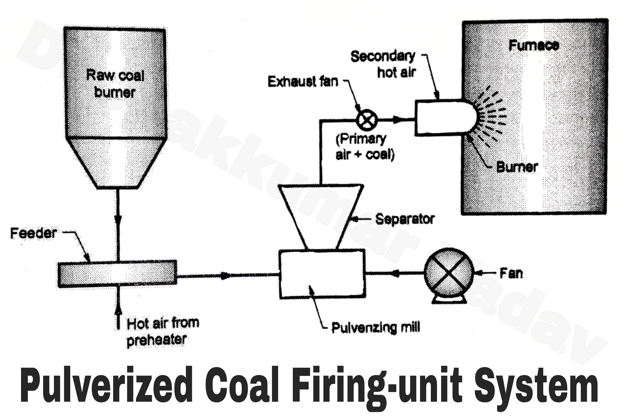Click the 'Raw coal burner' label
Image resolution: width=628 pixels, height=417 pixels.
click(x=115, y=84)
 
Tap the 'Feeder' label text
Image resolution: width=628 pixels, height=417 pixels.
click(x=33, y=233)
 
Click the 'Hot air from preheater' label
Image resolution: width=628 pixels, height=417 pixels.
click(x=162, y=332)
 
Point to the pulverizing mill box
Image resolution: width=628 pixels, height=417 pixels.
click(x=322, y=274)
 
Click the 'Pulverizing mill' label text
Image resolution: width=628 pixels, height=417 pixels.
click(x=376, y=328)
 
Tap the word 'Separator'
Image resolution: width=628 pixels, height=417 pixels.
click(x=405, y=219)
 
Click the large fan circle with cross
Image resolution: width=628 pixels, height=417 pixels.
click(x=449, y=272)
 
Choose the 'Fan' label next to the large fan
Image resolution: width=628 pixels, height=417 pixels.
click(x=511, y=273)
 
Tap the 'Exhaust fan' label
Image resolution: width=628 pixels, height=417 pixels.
click(x=303, y=82)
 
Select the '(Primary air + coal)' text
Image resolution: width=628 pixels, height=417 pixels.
click(x=364, y=147)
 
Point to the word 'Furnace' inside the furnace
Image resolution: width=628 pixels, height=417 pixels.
click(x=533, y=46)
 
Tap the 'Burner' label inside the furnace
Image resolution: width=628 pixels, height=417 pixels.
click(x=517, y=167)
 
